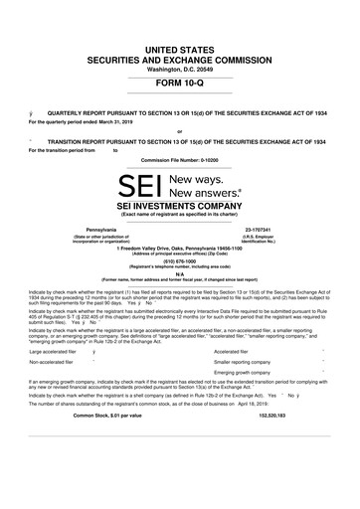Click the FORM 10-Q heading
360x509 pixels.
[179, 84]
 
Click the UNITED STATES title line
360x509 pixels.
[179, 48]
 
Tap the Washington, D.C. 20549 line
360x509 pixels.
[179, 68]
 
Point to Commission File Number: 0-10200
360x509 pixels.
[179, 159]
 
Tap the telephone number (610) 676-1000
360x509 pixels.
[179, 263]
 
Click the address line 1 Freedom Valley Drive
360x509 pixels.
[179, 248]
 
